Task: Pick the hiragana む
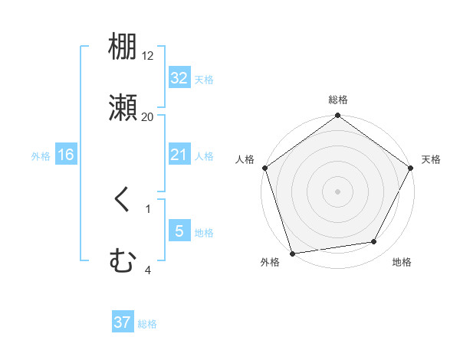(123, 262)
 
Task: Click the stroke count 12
(148, 56)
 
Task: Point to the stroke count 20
(148, 117)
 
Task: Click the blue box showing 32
(179, 78)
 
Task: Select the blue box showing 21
(179, 155)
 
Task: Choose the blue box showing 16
(66, 155)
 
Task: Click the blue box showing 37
(123, 322)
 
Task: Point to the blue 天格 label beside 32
(204, 79)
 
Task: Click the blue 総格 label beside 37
(147, 324)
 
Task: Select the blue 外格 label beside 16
(41, 156)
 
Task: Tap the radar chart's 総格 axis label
(337, 100)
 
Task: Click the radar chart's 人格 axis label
(245, 159)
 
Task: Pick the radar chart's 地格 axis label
(402, 263)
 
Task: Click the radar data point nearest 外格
(292, 253)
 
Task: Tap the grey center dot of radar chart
(337, 191)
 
